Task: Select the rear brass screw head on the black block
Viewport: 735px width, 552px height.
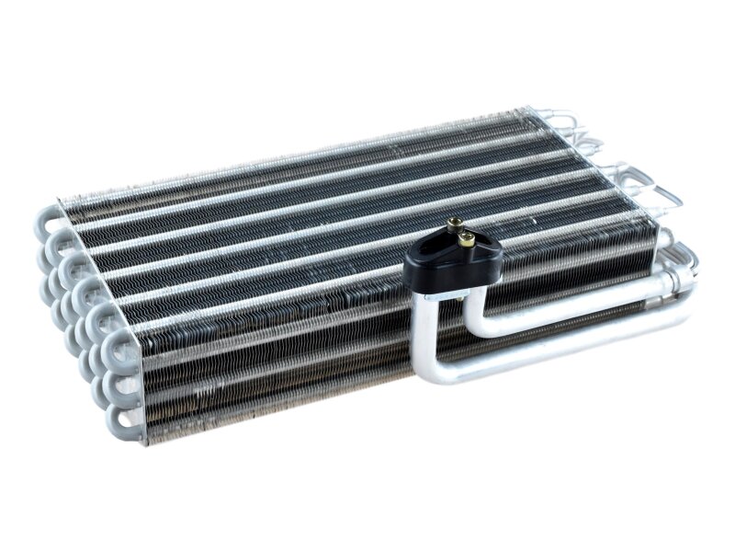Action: pos(454,224)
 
